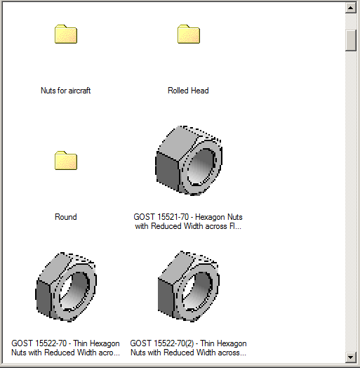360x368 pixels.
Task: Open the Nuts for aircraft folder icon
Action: [66, 34]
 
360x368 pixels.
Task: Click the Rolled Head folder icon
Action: [189, 34]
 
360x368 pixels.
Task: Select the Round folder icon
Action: [66, 161]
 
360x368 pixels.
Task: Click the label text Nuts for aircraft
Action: [66, 91]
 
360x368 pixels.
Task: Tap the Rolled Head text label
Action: [188, 91]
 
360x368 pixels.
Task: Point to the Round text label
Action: [66, 217]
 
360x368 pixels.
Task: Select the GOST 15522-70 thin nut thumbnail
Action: [66, 287]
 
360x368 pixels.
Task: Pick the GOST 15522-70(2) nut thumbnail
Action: [188, 287]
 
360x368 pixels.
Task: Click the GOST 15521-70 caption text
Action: [188, 222]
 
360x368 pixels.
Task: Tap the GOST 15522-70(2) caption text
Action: [188, 348]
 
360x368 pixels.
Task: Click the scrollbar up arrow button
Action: [352, 8]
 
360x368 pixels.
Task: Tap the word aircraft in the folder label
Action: [78, 91]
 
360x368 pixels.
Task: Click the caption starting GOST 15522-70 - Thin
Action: [66, 348]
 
